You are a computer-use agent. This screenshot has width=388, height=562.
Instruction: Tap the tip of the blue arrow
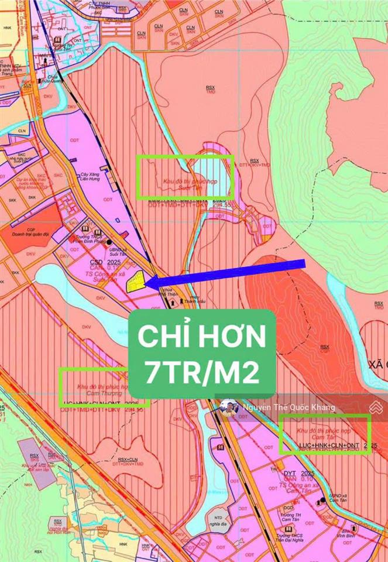[x=146, y=283]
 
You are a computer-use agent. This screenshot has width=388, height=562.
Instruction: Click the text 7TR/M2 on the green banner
[x=202, y=372]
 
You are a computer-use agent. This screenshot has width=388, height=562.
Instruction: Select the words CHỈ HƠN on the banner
[x=202, y=337]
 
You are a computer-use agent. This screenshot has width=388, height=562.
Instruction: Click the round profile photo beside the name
[x=229, y=408]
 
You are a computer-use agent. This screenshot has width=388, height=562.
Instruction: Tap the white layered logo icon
[x=375, y=407]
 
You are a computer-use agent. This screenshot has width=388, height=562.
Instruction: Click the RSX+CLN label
[x=128, y=460]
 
